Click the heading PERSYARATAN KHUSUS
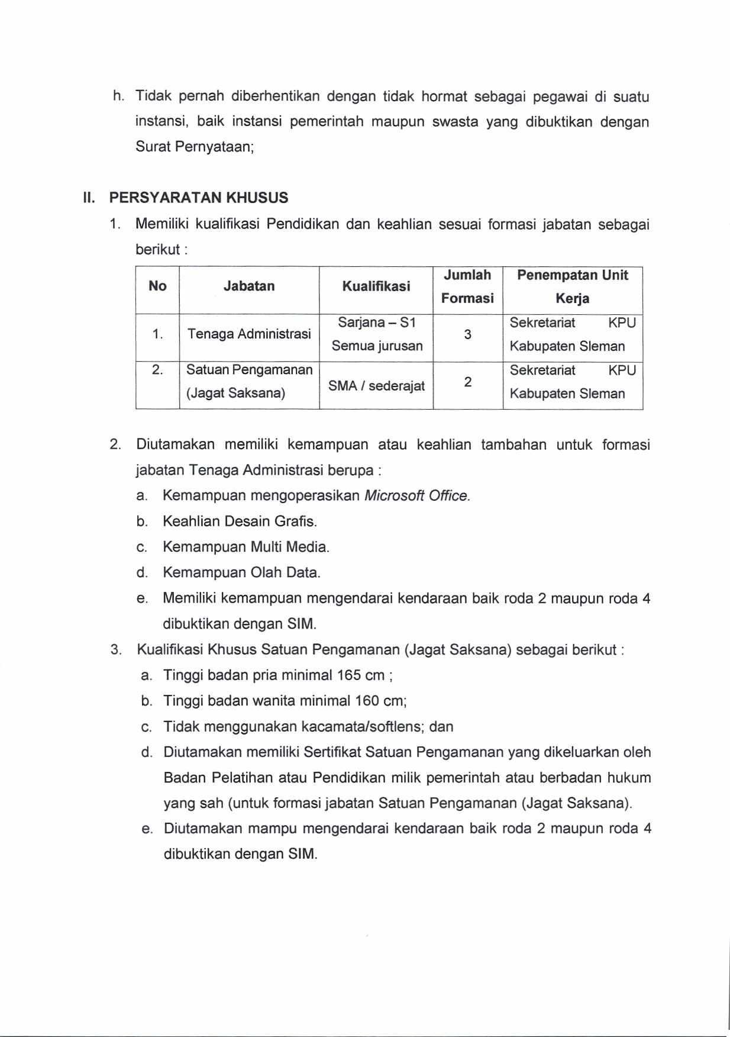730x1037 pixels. coord(199,198)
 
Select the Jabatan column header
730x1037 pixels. coord(249,286)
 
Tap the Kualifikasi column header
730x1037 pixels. coord(376,286)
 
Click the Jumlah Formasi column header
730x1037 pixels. coord(467,286)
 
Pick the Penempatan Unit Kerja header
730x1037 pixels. coord(572,286)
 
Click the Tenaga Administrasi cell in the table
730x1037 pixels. coord(249,334)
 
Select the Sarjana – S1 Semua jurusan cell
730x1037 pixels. coord(377,334)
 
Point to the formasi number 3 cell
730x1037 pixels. coord(467,334)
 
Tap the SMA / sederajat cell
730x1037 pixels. coord(377,386)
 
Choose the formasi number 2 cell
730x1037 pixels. coord(467,382)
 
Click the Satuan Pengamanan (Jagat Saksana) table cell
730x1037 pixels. coord(249,382)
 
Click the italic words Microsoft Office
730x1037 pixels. coord(417,496)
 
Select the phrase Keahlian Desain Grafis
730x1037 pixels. coord(240,521)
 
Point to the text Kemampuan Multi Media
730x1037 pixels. coord(246,547)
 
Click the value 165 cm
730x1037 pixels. coord(361,675)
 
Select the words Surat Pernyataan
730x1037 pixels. coord(194,147)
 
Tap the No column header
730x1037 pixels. coord(157,286)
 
